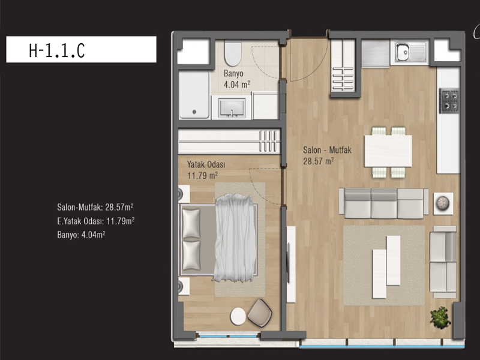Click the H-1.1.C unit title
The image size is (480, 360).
[x=56, y=50]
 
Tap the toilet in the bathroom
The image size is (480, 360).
[x=233, y=53]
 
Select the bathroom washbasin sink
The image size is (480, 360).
[x=232, y=108]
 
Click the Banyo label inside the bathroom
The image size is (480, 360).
[x=233, y=73]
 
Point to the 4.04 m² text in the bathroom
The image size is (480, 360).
[x=237, y=84]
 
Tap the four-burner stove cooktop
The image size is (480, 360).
[x=449, y=100]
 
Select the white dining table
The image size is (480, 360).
[x=388, y=151]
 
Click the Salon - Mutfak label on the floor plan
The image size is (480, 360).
[x=327, y=150]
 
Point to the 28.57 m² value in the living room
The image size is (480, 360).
[x=319, y=161]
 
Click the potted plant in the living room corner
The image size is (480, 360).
[x=440, y=318]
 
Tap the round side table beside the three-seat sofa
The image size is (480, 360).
[x=443, y=203]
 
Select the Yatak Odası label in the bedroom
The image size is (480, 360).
[x=206, y=164]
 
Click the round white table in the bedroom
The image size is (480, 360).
[x=238, y=316]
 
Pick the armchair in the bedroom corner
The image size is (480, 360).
[x=260, y=313]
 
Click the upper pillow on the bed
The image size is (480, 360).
[x=191, y=223]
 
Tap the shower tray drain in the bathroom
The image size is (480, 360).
[x=194, y=112]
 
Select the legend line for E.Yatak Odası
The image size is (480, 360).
[x=96, y=221]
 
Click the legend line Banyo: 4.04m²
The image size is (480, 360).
[x=81, y=235]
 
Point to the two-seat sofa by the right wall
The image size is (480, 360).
[x=443, y=262]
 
